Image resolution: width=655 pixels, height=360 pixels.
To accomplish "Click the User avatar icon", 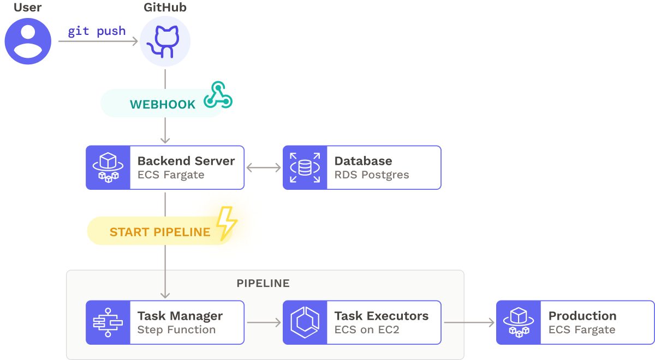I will click(28, 41).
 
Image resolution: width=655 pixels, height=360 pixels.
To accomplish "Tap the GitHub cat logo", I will click(165, 41).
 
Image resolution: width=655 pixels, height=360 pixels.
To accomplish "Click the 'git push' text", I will click(97, 31).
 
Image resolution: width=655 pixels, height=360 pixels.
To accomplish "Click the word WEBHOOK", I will click(162, 105).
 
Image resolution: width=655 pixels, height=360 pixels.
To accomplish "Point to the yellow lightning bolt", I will click(226, 223).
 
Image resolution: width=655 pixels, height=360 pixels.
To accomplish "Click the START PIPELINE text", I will click(160, 232).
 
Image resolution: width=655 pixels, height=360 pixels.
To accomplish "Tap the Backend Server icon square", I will click(108, 167).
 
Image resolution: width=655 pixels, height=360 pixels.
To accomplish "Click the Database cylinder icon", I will click(305, 167).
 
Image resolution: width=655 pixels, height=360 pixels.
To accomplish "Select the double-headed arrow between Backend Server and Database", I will click(264, 167).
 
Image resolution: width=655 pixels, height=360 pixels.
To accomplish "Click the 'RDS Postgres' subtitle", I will click(371, 175).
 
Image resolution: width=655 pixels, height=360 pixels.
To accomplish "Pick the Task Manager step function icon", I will click(108, 322).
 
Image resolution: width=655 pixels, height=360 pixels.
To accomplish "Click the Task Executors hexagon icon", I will click(305, 322).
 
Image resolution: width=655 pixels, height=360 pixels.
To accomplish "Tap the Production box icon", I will click(518, 322).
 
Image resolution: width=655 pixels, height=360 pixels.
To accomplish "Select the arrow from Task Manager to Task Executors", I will click(264, 322).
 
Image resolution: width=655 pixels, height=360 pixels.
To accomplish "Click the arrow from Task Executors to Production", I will click(468, 322).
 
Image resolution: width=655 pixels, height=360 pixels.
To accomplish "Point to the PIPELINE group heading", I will click(263, 283).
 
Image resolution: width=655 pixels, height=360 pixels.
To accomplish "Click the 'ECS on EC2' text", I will click(366, 330).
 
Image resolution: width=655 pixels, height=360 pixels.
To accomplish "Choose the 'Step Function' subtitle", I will click(176, 330).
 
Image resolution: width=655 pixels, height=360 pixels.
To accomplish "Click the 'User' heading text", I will click(28, 8).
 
